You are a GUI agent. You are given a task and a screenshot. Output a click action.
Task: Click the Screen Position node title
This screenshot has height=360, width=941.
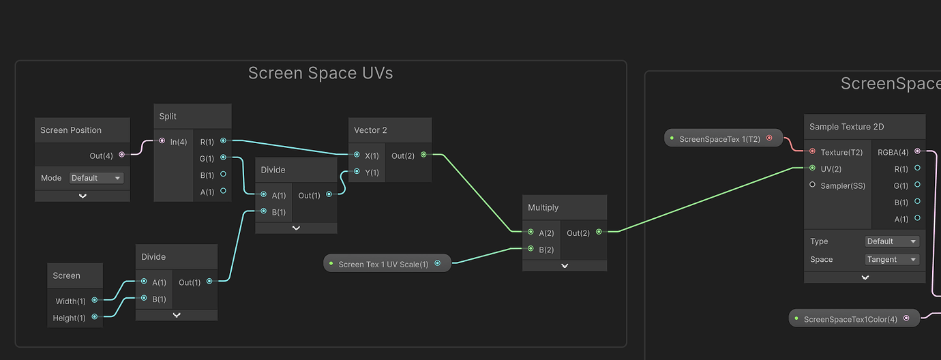click(71, 130)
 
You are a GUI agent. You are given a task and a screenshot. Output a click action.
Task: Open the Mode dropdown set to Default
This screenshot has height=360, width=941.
click(96, 178)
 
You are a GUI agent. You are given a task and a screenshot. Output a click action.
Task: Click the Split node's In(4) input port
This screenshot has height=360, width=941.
click(162, 141)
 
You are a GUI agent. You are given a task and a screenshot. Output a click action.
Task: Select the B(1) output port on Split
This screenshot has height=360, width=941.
click(224, 175)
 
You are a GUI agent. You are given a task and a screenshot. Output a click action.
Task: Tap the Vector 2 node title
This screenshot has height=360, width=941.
click(370, 130)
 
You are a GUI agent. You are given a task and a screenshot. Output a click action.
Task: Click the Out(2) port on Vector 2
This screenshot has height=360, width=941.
click(423, 155)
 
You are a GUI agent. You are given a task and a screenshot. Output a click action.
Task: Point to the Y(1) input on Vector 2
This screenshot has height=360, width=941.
click(357, 172)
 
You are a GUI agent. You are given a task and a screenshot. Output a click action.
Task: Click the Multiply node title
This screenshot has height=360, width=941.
click(543, 207)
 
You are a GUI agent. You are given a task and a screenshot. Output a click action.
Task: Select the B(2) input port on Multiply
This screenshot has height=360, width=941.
click(531, 249)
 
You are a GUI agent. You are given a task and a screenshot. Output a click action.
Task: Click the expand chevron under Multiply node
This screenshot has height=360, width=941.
click(565, 266)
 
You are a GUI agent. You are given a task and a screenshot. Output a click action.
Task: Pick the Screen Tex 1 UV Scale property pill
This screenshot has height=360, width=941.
click(387, 264)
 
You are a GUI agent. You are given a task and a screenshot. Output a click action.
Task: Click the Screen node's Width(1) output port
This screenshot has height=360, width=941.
click(94, 300)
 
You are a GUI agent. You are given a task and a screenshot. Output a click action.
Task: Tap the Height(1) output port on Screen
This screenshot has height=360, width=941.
click(94, 316)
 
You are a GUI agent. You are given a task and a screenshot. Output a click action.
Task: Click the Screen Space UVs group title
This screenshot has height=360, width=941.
click(320, 73)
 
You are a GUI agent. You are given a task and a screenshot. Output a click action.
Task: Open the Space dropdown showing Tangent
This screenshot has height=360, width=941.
click(892, 260)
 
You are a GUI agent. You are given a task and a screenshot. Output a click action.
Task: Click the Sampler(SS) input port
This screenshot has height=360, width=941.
click(812, 185)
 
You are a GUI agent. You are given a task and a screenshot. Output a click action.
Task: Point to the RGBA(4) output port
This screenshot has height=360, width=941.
click(917, 151)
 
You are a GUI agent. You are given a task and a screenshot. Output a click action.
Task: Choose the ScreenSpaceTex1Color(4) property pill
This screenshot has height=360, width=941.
click(854, 318)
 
